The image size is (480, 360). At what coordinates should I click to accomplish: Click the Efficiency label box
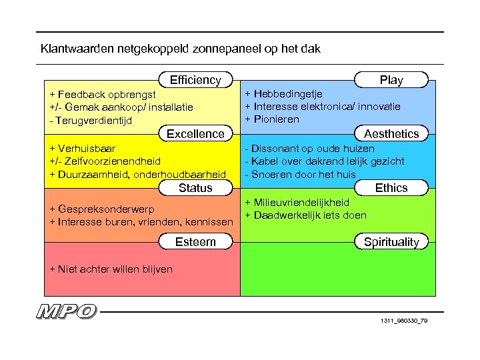pyautogui.click(x=195, y=80)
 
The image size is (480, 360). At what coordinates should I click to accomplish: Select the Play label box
pyautogui.click(x=391, y=80)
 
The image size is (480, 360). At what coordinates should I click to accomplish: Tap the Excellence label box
pyautogui.click(x=195, y=134)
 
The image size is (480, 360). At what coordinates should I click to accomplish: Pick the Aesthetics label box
pyautogui.click(x=391, y=134)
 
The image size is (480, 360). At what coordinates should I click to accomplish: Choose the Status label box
pyautogui.click(x=195, y=188)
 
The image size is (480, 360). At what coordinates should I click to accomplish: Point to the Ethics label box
pyautogui.click(x=391, y=188)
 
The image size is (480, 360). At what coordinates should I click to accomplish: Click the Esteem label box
pyautogui.click(x=195, y=242)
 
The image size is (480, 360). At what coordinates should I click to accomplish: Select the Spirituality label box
pyautogui.click(x=391, y=242)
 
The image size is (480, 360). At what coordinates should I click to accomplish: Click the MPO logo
pyautogui.click(x=67, y=311)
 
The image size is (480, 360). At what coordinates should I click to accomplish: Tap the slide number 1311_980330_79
pyautogui.click(x=404, y=322)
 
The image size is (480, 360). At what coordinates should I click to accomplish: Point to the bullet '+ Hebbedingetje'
pyautogui.click(x=283, y=95)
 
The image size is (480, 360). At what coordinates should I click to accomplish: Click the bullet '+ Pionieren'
pyautogui.click(x=272, y=119)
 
